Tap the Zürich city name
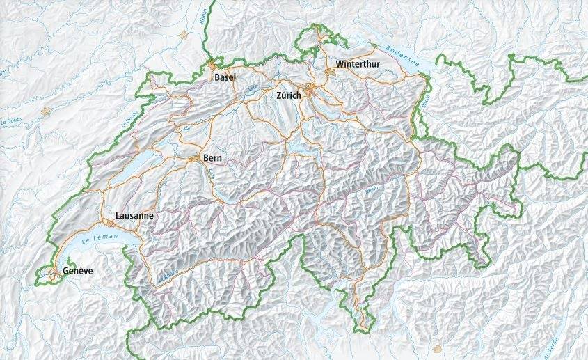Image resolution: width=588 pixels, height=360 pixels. click(289, 95)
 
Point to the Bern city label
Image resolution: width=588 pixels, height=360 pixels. click(212, 159)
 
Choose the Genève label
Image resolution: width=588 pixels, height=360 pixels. click(78, 270)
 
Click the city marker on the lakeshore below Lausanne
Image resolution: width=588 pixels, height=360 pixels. click(112, 224)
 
